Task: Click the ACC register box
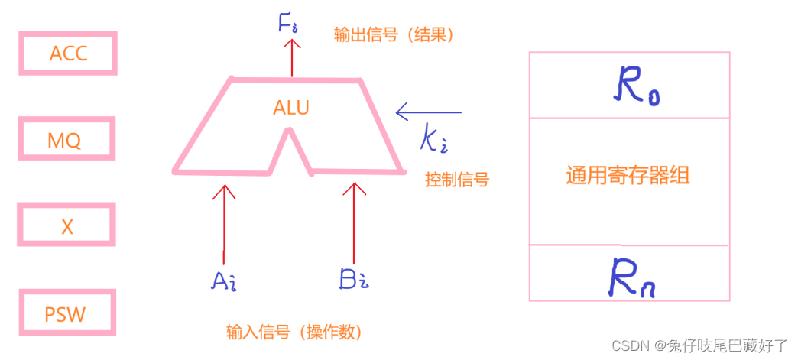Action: (68, 54)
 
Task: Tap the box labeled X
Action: (67, 226)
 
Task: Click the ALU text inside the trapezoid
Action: (291, 108)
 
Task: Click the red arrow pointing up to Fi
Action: (290, 57)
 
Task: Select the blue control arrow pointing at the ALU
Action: (429, 112)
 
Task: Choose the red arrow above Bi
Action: (353, 222)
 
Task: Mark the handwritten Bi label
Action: (354, 280)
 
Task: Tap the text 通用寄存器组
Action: (628, 177)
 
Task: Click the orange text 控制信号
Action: (456, 180)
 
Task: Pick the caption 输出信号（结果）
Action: (394, 35)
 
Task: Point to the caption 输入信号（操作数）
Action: (294, 332)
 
